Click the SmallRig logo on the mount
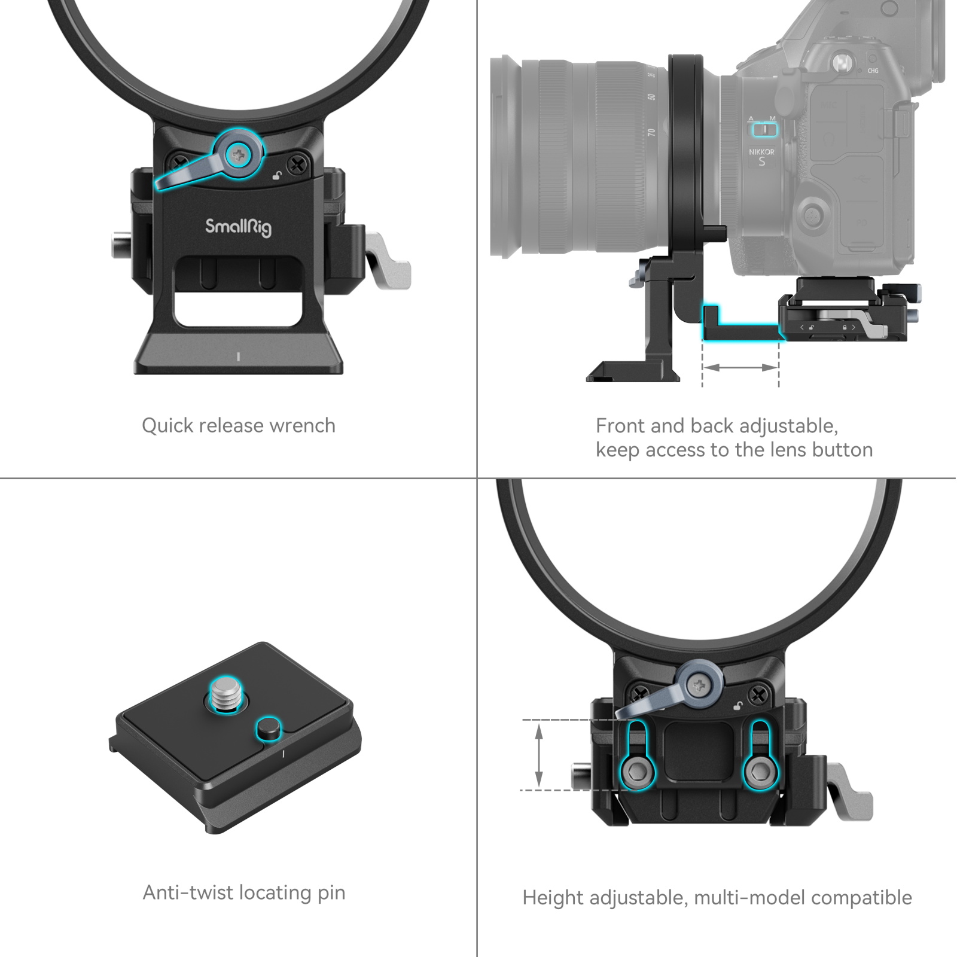click(238, 227)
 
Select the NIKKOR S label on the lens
click(761, 157)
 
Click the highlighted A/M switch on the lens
click(764, 129)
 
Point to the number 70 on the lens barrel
click(651, 132)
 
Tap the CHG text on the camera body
click(873, 71)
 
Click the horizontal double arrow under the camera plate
click(740, 367)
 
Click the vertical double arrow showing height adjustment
click(539, 754)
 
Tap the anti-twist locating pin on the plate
click(269, 728)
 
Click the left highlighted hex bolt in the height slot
click(636, 772)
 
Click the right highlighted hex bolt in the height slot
click(760, 772)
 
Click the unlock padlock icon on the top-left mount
click(277, 175)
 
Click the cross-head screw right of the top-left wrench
click(297, 164)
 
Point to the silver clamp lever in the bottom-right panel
click(852, 796)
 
